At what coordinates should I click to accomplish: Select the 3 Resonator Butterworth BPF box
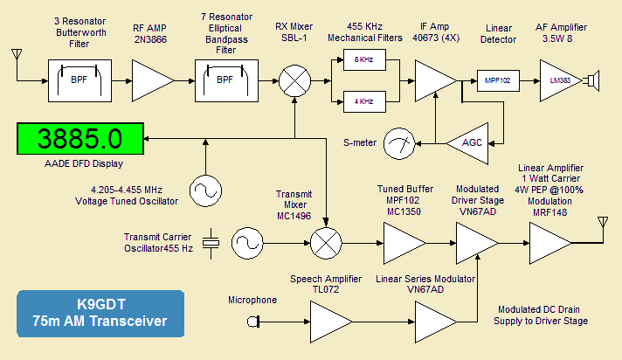(x=78, y=80)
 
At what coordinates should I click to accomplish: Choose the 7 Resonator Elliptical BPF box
(x=225, y=80)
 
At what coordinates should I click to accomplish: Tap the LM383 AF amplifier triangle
(x=556, y=81)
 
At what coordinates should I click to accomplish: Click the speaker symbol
(x=591, y=81)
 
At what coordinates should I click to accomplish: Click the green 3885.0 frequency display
(x=79, y=139)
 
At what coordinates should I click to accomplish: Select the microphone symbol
(x=254, y=322)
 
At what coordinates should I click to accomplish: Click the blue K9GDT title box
(x=100, y=314)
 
